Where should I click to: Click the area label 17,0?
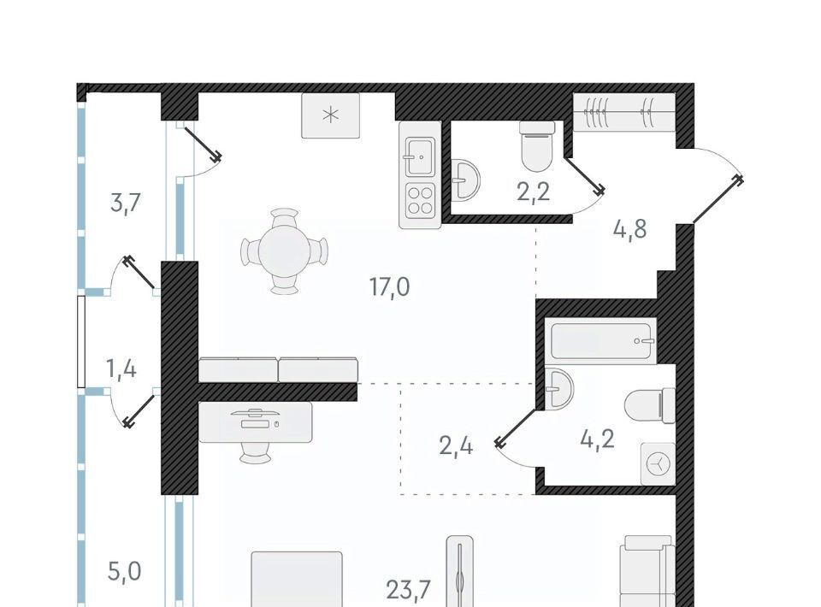click(390, 287)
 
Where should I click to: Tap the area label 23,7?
click(409, 590)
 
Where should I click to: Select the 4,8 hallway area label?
click(630, 229)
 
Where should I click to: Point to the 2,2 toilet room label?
click(534, 192)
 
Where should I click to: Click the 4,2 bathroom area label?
click(598, 439)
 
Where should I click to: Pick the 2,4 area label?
click(456, 447)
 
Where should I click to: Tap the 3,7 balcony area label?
click(126, 202)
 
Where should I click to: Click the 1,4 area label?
click(121, 369)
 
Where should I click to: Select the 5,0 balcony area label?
click(125, 571)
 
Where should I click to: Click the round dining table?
click(284, 251)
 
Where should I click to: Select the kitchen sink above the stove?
click(420, 156)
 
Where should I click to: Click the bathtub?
click(601, 340)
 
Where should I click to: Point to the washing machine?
click(659, 463)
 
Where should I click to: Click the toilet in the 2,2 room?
click(537, 146)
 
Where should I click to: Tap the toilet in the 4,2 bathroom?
click(650, 405)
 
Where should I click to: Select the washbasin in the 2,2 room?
click(464, 180)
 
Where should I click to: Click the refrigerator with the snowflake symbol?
click(330, 115)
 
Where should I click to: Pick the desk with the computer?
click(256, 421)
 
